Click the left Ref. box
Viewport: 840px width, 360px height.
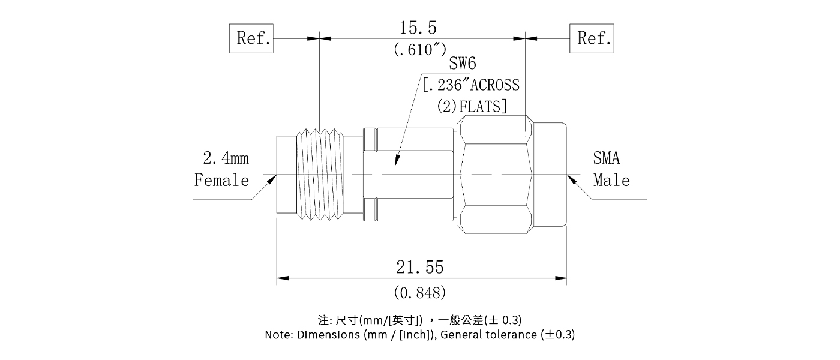252,38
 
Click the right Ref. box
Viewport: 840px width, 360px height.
592,38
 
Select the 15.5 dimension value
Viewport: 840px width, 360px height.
418,27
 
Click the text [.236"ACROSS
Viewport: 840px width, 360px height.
471,85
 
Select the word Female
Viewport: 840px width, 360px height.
221,180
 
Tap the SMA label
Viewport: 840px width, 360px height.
607,158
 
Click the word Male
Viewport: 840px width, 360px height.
611,180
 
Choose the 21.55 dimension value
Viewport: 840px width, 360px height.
419,266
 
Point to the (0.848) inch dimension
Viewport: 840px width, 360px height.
419,293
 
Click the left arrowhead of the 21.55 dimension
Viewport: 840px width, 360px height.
282,278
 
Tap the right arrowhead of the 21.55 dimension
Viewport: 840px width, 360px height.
562,278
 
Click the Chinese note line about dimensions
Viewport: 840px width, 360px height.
419,319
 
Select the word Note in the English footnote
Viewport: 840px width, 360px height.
279,335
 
